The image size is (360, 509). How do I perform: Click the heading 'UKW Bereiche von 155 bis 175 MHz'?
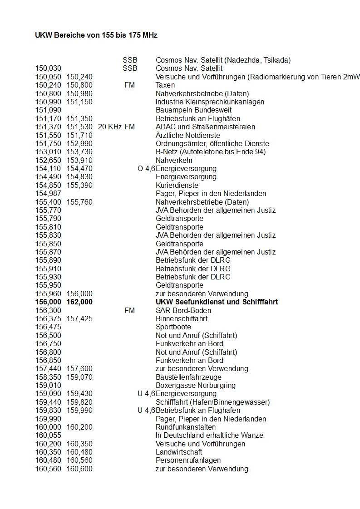click(x=96, y=35)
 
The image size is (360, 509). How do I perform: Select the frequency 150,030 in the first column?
click(x=48, y=69)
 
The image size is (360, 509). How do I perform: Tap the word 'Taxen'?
click(x=165, y=85)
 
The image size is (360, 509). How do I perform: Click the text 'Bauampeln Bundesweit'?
click(x=193, y=110)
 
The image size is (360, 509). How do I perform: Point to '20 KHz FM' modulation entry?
click(x=116, y=127)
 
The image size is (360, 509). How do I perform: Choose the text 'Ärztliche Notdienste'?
click(x=188, y=135)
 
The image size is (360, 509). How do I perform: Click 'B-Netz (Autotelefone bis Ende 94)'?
click(x=211, y=152)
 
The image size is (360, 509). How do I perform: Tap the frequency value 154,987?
click(x=48, y=194)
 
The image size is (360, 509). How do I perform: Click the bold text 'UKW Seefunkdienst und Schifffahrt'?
click(x=217, y=302)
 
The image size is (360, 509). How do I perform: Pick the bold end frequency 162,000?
click(x=79, y=302)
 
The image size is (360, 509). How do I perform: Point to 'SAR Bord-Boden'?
click(x=183, y=311)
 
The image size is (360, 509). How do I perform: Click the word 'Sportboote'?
click(x=173, y=327)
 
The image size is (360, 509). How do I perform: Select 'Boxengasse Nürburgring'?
click(x=196, y=386)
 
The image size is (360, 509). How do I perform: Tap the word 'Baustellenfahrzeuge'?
click(x=188, y=377)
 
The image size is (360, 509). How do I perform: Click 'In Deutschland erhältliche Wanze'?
click(x=209, y=436)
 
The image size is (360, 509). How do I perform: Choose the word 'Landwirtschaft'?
click(x=179, y=452)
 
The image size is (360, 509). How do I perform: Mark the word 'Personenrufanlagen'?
click(x=188, y=460)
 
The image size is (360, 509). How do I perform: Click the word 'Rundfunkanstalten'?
click(x=186, y=427)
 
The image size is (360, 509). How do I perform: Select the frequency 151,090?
click(x=48, y=110)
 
